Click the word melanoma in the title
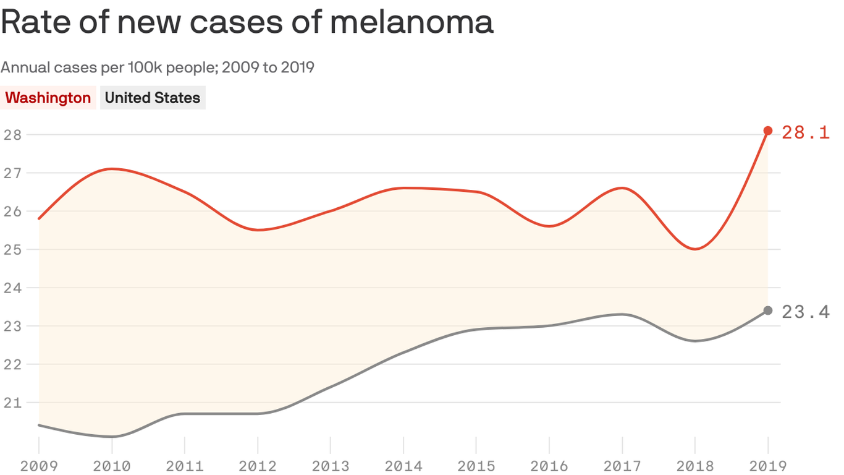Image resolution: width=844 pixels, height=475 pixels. (411, 22)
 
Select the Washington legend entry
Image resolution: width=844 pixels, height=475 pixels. (48, 98)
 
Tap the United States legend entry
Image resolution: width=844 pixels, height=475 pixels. (153, 98)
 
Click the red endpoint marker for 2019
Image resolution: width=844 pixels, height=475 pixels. (768, 131)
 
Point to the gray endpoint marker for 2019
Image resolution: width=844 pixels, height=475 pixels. (768, 310)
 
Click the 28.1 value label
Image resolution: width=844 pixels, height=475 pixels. (805, 132)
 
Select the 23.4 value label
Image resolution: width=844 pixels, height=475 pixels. (805, 312)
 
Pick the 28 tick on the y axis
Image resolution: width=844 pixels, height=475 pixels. (12, 134)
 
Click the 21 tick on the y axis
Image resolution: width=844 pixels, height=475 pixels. (12, 403)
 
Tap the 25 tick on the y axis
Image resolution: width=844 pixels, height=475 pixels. (12, 249)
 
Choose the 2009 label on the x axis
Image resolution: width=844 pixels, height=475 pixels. (38, 466)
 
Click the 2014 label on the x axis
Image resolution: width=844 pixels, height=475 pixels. (403, 466)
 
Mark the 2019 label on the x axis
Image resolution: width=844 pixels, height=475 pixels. (768, 466)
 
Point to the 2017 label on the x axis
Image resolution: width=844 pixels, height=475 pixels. (622, 466)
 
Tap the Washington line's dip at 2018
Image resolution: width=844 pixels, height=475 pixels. (695, 249)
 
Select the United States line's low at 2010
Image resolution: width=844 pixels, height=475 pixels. (112, 437)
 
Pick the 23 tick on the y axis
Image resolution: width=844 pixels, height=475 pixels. (12, 326)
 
